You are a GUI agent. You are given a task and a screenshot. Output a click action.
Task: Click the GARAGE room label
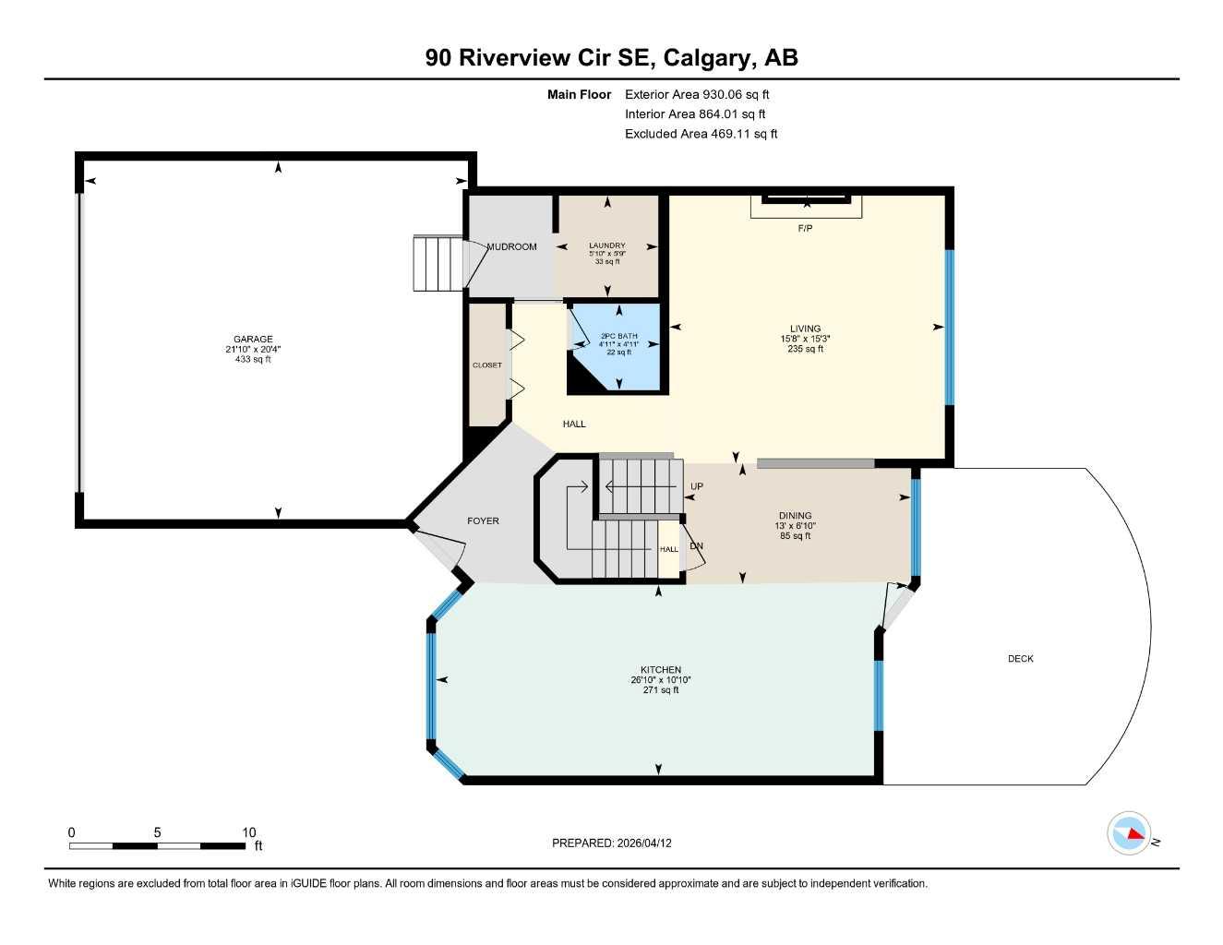tap(252, 339)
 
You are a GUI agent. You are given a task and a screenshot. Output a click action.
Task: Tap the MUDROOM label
tap(511, 246)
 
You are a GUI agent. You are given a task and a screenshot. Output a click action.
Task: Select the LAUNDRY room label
tap(607, 245)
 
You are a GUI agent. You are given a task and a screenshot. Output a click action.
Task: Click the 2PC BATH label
tap(618, 336)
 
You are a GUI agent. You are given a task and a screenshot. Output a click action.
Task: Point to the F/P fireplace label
tap(805, 228)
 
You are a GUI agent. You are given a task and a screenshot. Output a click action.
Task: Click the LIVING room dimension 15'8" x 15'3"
tap(805, 339)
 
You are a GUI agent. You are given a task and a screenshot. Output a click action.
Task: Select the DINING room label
tap(795, 516)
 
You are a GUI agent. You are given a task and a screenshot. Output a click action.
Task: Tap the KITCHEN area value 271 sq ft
tap(661, 690)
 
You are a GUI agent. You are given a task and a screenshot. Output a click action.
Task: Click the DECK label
tap(1020, 659)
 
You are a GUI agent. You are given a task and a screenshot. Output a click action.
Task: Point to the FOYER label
tap(483, 521)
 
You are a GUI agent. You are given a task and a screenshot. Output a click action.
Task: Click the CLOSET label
tap(487, 365)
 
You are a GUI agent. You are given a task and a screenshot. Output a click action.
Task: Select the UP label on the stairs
tap(697, 486)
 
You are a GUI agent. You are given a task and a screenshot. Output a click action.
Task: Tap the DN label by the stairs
tap(697, 546)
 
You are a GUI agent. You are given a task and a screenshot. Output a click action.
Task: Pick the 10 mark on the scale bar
tap(249, 832)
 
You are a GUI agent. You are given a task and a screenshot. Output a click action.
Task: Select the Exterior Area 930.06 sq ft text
tap(697, 94)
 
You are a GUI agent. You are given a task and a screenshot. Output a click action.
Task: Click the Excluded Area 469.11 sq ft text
tap(701, 134)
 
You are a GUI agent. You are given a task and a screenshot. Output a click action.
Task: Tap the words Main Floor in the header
tap(579, 94)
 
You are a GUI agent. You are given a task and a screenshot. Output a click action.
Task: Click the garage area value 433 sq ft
tap(252, 360)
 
